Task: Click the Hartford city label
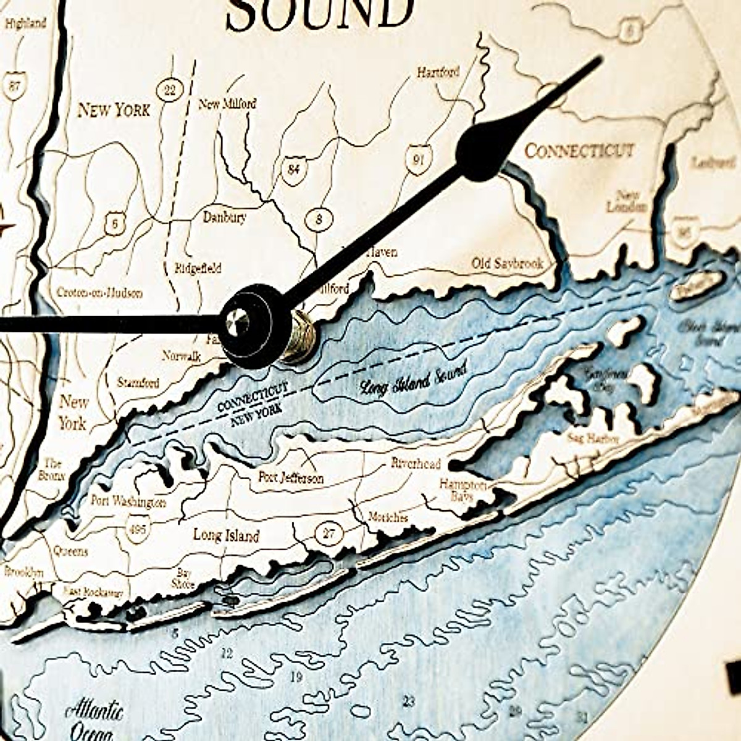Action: point(438,72)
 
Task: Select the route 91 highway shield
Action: point(418,160)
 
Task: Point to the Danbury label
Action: point(224,217)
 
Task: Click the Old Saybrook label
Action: point(507,264)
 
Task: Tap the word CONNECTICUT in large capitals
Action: point(579,150)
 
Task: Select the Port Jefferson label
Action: point(291,478)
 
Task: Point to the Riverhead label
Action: point(416,464)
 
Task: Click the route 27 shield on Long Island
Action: point(329,532)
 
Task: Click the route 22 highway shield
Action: point(169,91)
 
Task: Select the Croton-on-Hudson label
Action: point(99,293)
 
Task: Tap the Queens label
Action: point(70,551)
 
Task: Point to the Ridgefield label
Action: point(198,269)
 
